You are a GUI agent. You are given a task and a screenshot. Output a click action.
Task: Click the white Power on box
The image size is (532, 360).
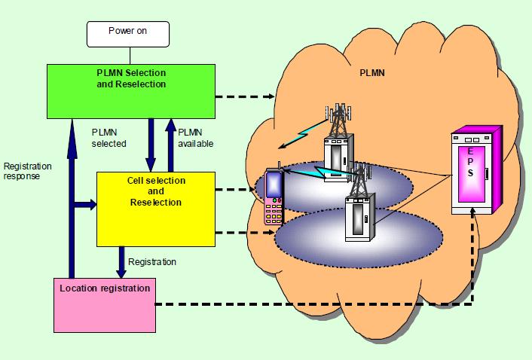tap(128, 33)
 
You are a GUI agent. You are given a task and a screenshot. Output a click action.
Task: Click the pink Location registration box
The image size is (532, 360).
tap(105, 305)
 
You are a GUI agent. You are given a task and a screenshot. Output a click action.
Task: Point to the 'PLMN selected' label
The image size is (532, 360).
tap(109, 137)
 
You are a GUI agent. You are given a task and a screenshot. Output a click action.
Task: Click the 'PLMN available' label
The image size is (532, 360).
tap(194, 137)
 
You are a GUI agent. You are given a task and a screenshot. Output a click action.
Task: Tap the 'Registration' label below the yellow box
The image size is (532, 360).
tap(152, 262)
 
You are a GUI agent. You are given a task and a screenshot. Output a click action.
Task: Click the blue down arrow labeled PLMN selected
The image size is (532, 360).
tap(151, 143)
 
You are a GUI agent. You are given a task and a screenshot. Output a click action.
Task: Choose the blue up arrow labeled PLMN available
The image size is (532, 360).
tap(172, 143)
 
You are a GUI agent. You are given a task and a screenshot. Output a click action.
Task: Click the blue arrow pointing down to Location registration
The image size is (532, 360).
tap(121, 261)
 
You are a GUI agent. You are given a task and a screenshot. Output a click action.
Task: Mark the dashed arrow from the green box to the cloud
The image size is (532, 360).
tap(244, 97)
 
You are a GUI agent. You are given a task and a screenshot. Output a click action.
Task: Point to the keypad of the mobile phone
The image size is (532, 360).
tap(273, 211)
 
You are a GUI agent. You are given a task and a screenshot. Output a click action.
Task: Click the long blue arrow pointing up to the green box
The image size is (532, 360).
tap(72, 196)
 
